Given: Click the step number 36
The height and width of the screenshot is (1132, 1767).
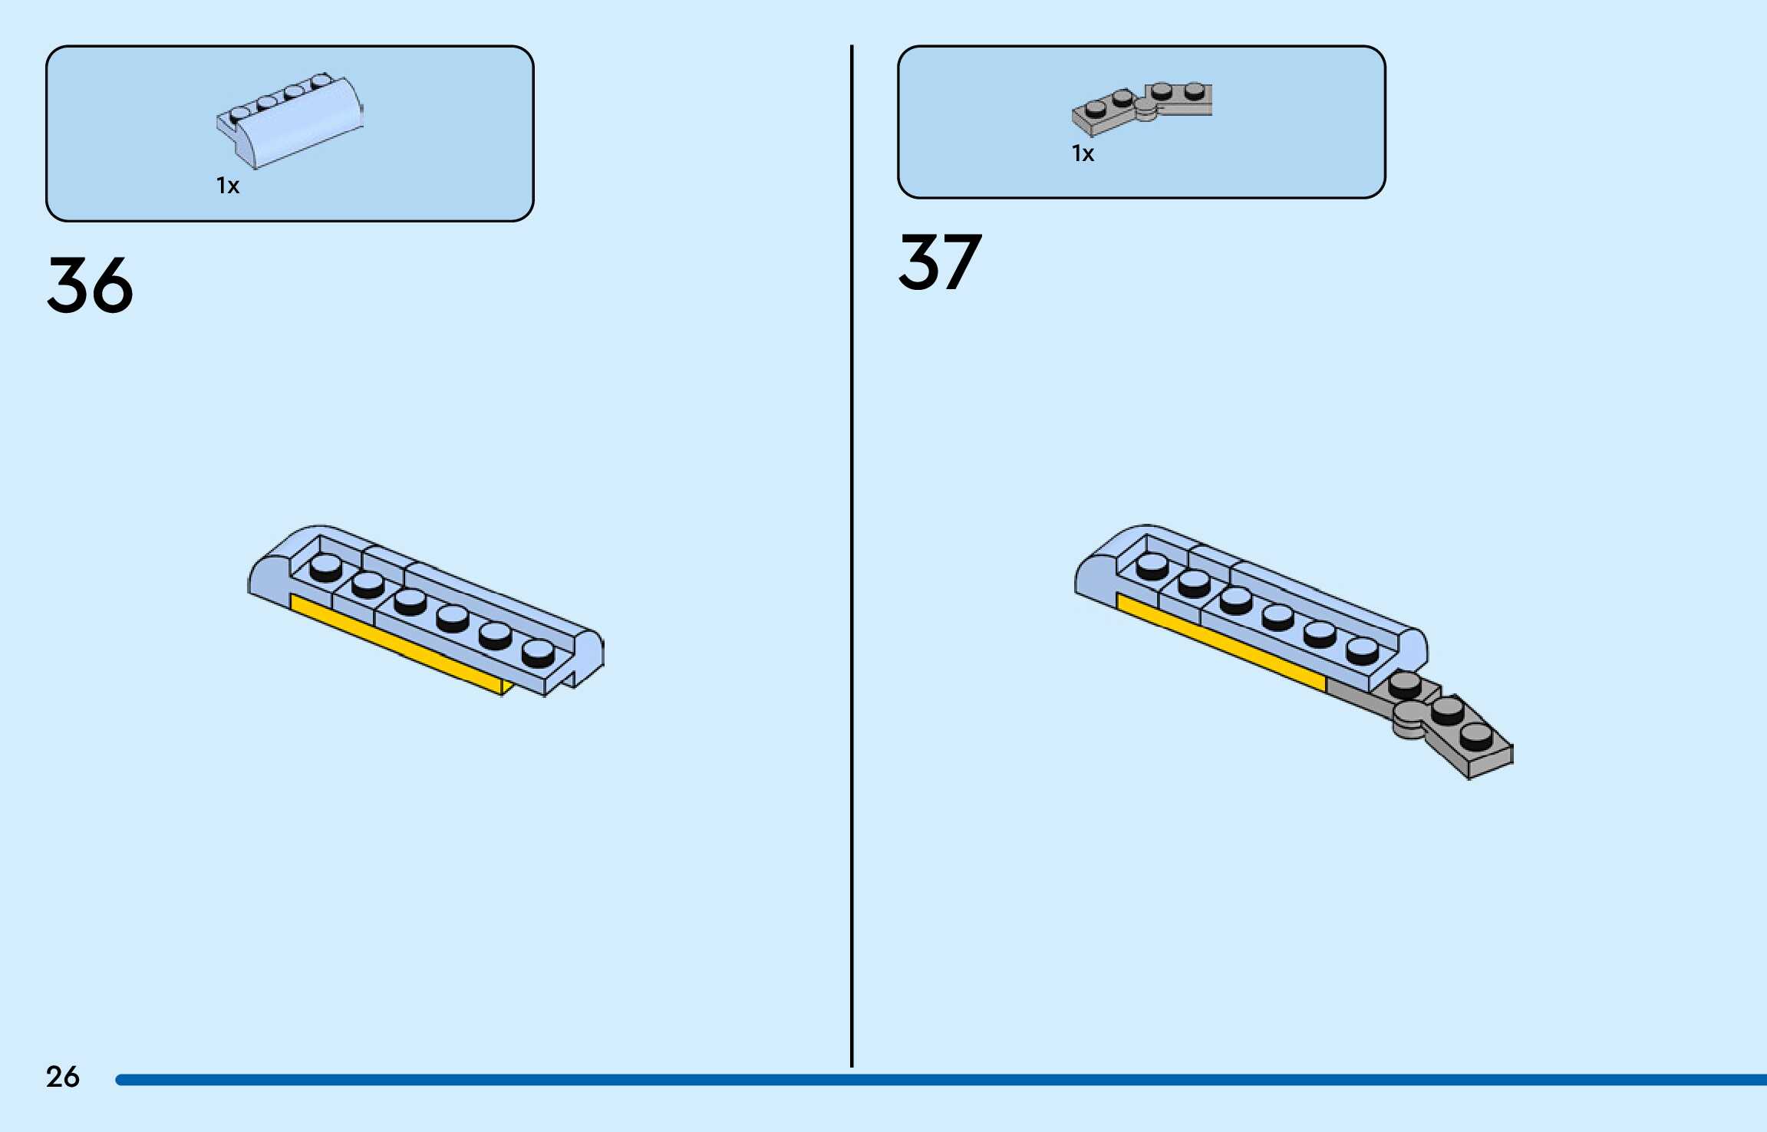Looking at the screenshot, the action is [90, 285].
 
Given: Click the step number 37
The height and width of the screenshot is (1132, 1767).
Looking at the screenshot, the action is [940, 263].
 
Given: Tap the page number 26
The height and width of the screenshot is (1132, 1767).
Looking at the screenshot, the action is [62, 1077].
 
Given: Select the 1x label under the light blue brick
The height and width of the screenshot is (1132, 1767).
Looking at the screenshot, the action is [228, 186].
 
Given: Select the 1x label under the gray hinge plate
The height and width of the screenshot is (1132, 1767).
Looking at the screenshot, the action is [1083, 154].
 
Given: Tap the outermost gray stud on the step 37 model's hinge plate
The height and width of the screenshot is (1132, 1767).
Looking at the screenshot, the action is [1476, 736].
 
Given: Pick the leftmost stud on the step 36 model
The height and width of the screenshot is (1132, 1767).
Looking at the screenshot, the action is [326, 568].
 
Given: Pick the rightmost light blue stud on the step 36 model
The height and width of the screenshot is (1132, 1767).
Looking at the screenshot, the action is [538, 653].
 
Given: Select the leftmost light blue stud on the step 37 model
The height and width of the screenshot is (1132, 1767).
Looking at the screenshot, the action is [1152, 565].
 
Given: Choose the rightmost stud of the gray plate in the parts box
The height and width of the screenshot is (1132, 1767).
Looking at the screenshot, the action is [1195, 91].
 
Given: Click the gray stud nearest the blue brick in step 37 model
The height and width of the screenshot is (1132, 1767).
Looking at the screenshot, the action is [1405, 683].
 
